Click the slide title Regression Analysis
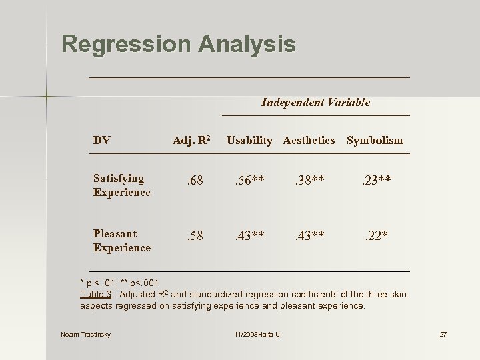pos(178,45)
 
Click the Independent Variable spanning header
pos(315,102)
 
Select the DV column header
pos(102,140)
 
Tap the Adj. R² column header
pos(191,140)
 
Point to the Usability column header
pos(249,140)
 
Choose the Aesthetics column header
pos(309,140)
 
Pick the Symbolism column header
pos(375,140)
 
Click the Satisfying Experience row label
pos(122,185)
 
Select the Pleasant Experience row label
pos(122,241)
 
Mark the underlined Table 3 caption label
pos(95,295)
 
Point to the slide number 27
pos(443,334)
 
